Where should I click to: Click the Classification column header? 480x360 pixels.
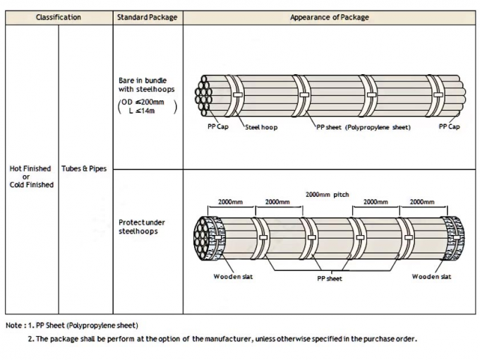click(59, 17)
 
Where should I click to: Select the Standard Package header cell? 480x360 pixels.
click(148, 17)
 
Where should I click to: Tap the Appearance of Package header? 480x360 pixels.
click(329, 17)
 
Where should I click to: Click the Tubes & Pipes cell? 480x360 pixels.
click(85, 169)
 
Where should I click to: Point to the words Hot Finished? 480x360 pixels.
click(30, 169)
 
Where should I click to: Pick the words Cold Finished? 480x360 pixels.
click(32, 185)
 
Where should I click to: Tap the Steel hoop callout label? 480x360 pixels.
click(261, 127)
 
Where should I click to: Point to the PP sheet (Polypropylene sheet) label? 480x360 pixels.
click(363, 127)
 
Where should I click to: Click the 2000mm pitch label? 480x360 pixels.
click(328, 193)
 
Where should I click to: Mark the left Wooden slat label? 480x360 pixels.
click(233, 277)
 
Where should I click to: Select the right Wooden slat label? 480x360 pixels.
click(431, 277)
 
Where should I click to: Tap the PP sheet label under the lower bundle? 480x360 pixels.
click(329, 279)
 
